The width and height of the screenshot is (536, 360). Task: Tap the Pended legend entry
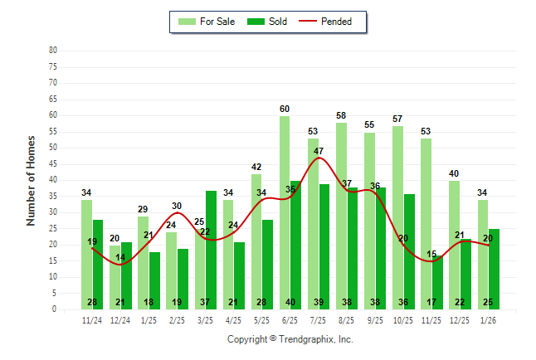pyautogui.click(x=337, y=22)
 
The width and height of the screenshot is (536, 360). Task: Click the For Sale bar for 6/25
pyautogui.click(x=285, y=212)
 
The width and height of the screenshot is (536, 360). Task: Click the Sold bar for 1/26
pyautogui.click(x=494, y=269)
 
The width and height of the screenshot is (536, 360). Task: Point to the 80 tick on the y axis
pyautogui.click(x=53, y=51)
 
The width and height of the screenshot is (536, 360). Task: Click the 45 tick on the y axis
pyautogui.click(x=53, y=163)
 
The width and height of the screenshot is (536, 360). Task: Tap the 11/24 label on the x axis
pyautogui.click(x=92, y=320)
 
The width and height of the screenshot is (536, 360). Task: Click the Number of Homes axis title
pyautogui.click(x=32, y=180)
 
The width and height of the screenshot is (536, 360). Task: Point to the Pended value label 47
pyautogui.click(x=319, y=151)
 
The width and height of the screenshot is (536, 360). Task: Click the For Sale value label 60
pyautogui.click(x=285, y=109)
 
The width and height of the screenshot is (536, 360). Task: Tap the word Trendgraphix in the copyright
pyautogui.click(x=305, y=339)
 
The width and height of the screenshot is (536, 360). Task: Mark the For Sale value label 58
pyautogui.click(x=341, y=115)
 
